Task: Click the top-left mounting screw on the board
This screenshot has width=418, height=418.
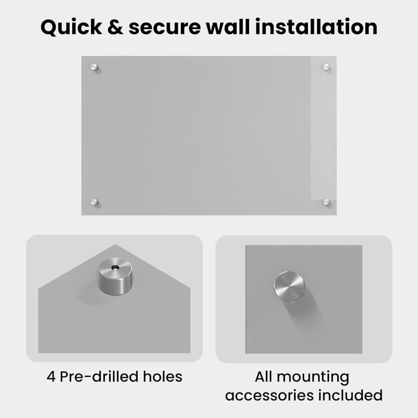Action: [93, 67]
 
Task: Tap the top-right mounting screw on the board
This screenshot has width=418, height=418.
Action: [326, 67]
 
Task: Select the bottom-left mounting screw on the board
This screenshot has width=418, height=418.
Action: [93, 202]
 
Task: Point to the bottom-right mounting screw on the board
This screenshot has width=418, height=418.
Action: [326, 202]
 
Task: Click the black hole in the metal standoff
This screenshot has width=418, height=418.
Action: [115, 267]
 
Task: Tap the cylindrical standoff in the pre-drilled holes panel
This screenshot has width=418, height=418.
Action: [115, 276]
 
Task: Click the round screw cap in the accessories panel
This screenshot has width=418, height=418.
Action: [289, 287]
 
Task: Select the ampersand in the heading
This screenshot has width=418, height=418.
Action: [115, 27]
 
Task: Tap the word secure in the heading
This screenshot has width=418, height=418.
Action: [165, 29]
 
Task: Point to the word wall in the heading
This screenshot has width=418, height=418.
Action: [228, 27]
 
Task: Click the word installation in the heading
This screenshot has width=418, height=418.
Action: [316, 27]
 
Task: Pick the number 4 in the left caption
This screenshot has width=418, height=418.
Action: [51, 377]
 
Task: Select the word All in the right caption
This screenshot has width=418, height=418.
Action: [263, 376]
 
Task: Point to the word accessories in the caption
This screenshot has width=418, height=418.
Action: [269, 395]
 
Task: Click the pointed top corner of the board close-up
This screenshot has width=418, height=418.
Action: [116, 245]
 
